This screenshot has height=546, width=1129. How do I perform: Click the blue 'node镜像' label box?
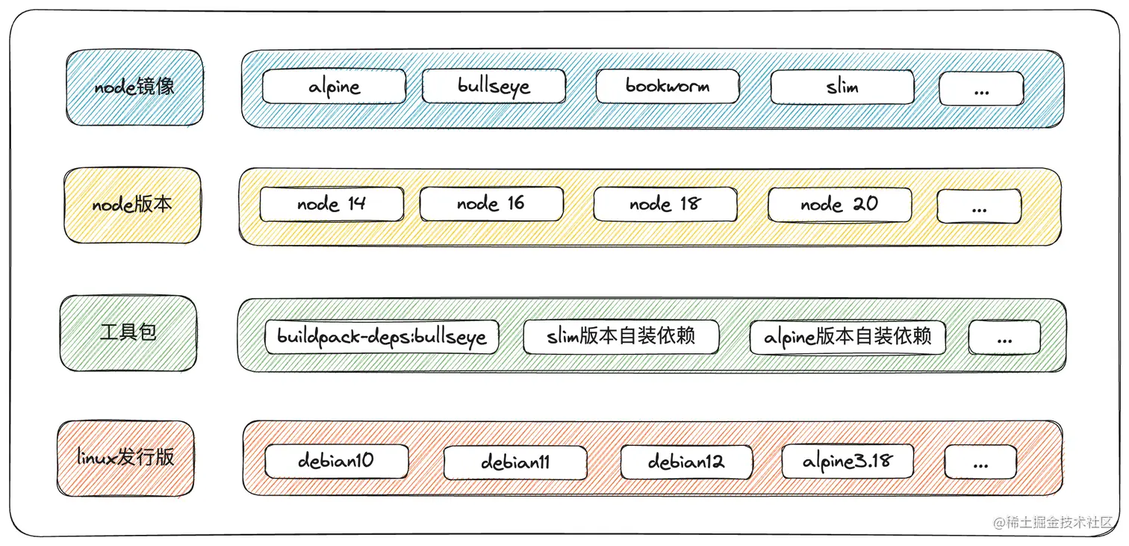click(134, 87)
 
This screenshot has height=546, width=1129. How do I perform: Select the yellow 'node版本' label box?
click(132, 205)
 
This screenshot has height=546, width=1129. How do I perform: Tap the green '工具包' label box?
click(128, 332)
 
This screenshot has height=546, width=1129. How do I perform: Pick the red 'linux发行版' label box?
click(125, 458)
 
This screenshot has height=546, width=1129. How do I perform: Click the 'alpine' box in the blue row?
click(334, 87)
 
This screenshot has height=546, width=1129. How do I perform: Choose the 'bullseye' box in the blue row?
click(494, 87)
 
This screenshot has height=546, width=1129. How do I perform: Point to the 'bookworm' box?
click(667, 87)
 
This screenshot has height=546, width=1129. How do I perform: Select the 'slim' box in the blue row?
click(842, 87)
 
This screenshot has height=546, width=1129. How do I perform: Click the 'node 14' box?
click(332, 205)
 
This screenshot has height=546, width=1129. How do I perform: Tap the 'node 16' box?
click(491, 204)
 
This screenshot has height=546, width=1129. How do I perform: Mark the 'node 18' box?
click(665, 205)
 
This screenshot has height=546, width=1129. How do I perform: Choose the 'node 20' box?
click(839, 204)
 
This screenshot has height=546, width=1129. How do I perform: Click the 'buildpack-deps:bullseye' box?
click(382, 337)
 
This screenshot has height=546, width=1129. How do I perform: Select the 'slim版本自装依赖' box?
click(621, 336)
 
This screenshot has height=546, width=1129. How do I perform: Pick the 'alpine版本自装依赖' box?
click(847, 337)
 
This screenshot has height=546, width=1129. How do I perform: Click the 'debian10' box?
click(336, 461)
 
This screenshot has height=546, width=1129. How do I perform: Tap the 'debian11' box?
click(515, 462)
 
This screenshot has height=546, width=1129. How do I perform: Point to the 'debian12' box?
click(686, 462)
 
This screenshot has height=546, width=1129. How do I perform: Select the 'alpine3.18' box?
click(847, 461)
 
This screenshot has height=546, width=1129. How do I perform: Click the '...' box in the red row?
click(980, 462)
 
